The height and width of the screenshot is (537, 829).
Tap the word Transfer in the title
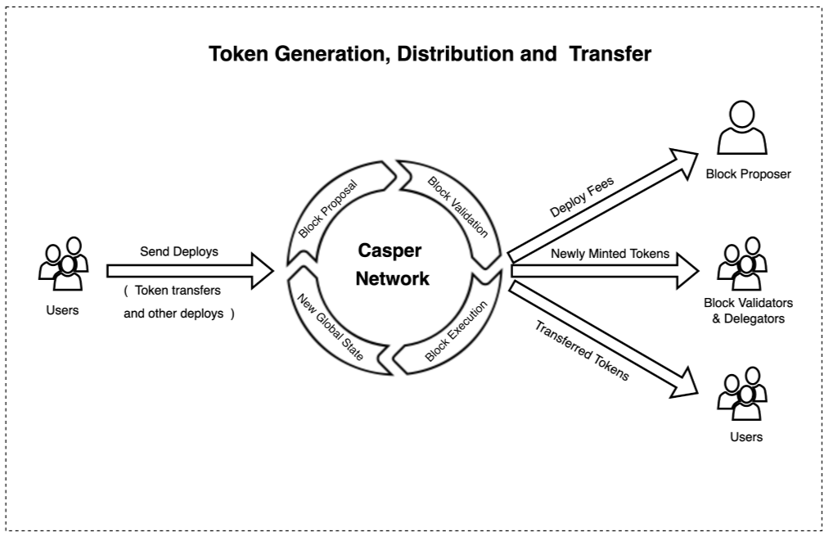click(610, 54)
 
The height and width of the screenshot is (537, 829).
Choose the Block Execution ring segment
click(456, 332)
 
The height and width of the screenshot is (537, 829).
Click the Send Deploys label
click(178, 251)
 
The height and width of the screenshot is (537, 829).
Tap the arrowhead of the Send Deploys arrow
click(261, 271)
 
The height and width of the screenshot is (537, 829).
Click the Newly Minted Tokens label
click(610, 254)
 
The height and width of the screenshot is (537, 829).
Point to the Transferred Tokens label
click(582, 350)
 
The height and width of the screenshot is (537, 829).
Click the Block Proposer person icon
click(741, 129)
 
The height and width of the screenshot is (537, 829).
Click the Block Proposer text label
click(748, 174)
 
